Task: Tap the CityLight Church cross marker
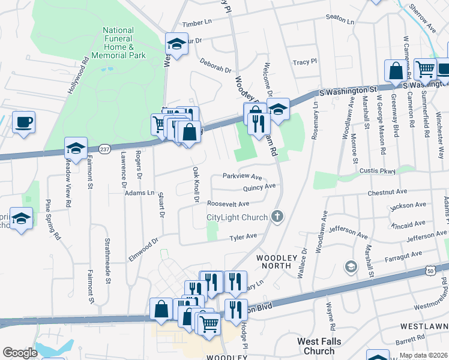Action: click(x=277, y=217)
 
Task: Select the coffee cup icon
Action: click(x=24, y=122)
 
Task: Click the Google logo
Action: click(x=20, y=353)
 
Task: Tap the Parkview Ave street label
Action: click(x=243, y=177)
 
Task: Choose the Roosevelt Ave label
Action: click(x=228, y=204)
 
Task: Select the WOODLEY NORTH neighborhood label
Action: click(x=277, y=257)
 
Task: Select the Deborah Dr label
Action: click(x=215, y=67)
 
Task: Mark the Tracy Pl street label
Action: click(x=304, y=62)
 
